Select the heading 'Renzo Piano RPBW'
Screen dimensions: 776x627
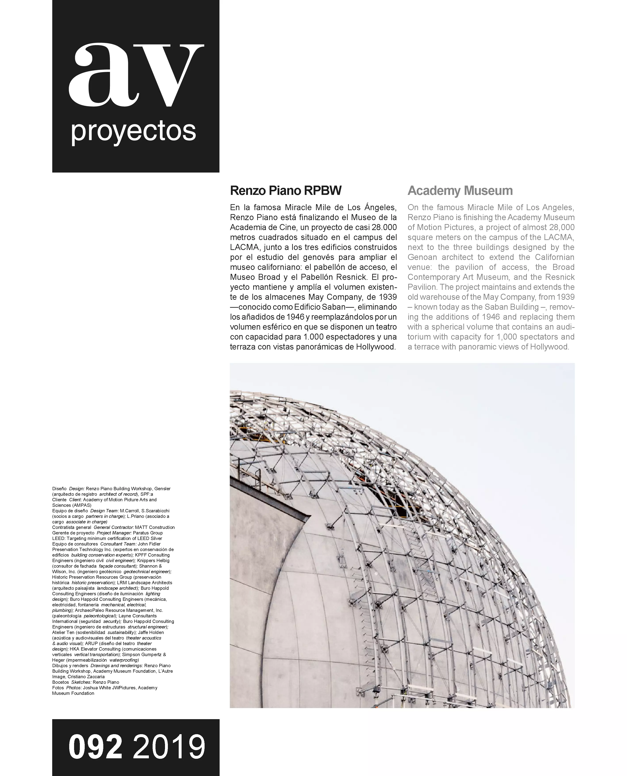click(x=286, y=190)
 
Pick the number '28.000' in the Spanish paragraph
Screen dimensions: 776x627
click(x=384, y=228)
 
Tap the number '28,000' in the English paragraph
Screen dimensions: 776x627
click(x=561, y=228)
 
